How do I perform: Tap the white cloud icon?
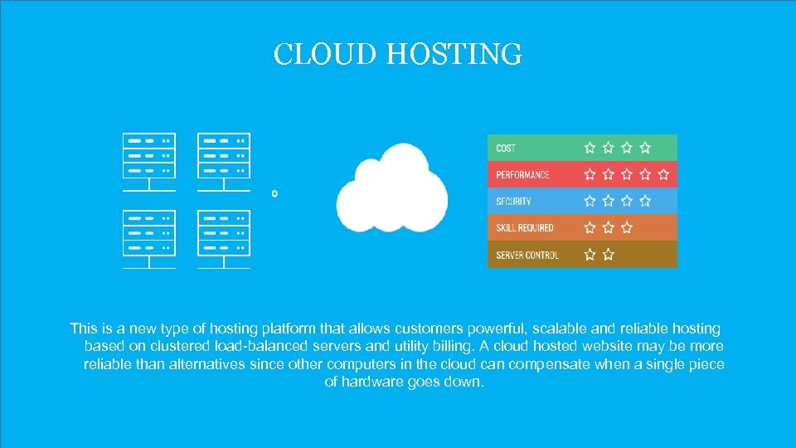(x=392, y=189)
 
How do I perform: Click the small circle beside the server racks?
(x=275, y=193)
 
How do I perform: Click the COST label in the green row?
(x=506, y=149)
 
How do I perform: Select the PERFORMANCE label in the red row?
(x=522, y=175)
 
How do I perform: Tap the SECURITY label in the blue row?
(x=513, y=202)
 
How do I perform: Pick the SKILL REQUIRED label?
(x=525, y=228)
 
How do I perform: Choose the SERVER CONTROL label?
(x=527, y=255)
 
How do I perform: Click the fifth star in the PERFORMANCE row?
(x=663, y=174)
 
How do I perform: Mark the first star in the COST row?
(x=590, y=148)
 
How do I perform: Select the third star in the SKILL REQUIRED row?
(x=627, y=227)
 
